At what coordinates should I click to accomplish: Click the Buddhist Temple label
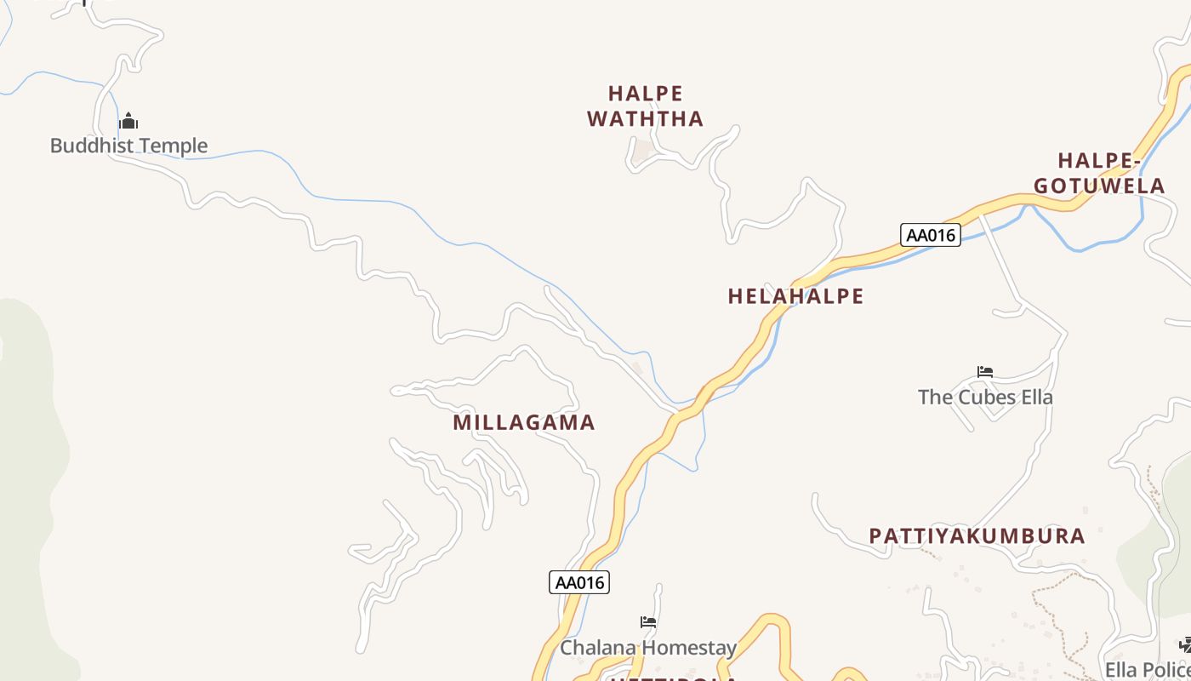click(128, 146)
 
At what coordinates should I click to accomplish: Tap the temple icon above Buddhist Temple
click(128, 121)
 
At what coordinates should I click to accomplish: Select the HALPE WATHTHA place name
click(646, 106)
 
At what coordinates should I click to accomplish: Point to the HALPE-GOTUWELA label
click(1099, 173)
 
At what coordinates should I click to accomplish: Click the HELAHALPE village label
click(795, 296)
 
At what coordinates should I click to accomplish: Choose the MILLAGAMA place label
click(523, 422)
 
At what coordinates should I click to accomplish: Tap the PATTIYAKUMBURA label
click(977, 536)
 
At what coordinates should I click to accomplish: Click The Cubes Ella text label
click(985, 397)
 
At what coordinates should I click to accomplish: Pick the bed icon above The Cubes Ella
click(985, 372)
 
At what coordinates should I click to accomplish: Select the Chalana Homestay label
click(648, 648)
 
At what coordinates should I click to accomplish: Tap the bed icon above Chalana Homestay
click(648, 622)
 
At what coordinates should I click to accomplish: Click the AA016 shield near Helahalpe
click(930, 235)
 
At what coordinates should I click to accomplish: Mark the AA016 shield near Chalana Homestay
click(579, 582)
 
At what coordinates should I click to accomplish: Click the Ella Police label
click(1148, 669)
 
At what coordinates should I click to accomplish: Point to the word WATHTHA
click(646, 119)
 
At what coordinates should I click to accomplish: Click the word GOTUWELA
click(1099, 186)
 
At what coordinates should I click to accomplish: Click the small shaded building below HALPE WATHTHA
click(643, 151)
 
